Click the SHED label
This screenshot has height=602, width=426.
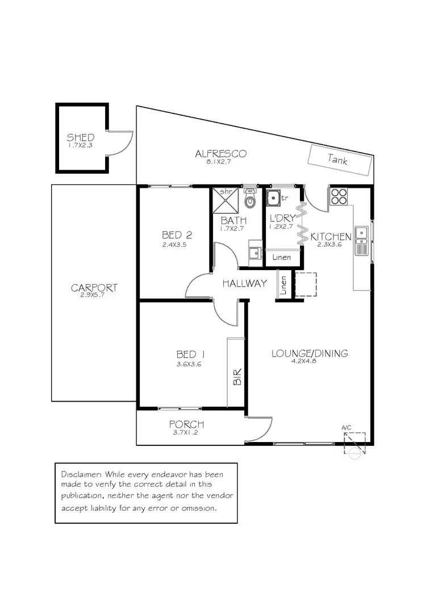coord(80,137)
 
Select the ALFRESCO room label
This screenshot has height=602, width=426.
coord(220,154)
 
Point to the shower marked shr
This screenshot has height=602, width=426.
coord(223,199)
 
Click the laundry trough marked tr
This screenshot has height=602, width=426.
coord(274,199)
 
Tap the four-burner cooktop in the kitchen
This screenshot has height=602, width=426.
coord(339,196)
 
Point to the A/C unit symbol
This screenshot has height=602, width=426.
coord(354,441)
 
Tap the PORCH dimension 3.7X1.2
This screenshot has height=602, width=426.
coord(186,432)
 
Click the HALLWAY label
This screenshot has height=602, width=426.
coord(244,283)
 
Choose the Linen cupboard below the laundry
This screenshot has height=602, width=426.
coord(282,257)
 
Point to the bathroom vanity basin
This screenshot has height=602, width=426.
coord(254,253)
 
